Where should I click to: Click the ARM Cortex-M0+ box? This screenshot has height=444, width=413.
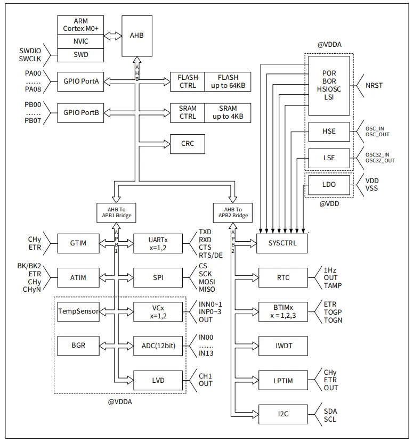click(80, 24)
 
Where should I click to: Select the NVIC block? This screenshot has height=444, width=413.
click(80, 40)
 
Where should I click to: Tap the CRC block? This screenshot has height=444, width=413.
click(187, 144)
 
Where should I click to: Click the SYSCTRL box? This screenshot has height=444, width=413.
click(282, 243)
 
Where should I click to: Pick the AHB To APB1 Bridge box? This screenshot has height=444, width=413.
click(115, 212)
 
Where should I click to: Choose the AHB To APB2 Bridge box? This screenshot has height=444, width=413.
click(232, 212)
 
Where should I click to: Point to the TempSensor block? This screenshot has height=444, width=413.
click(78, 311)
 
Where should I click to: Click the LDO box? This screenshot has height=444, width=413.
click(329, 185)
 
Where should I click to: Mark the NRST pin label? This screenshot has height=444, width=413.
click(374, 85)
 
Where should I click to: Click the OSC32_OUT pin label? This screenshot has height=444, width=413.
click(380, 160)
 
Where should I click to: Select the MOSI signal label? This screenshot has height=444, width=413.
click(208, 282)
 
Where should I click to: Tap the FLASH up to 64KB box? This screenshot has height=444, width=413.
click(228, 81)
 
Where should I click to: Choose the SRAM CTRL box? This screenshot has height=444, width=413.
click(187, 112)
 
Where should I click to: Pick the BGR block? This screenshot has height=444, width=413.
click(78, 346)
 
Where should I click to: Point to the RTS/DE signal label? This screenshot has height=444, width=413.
click(210, 255)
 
